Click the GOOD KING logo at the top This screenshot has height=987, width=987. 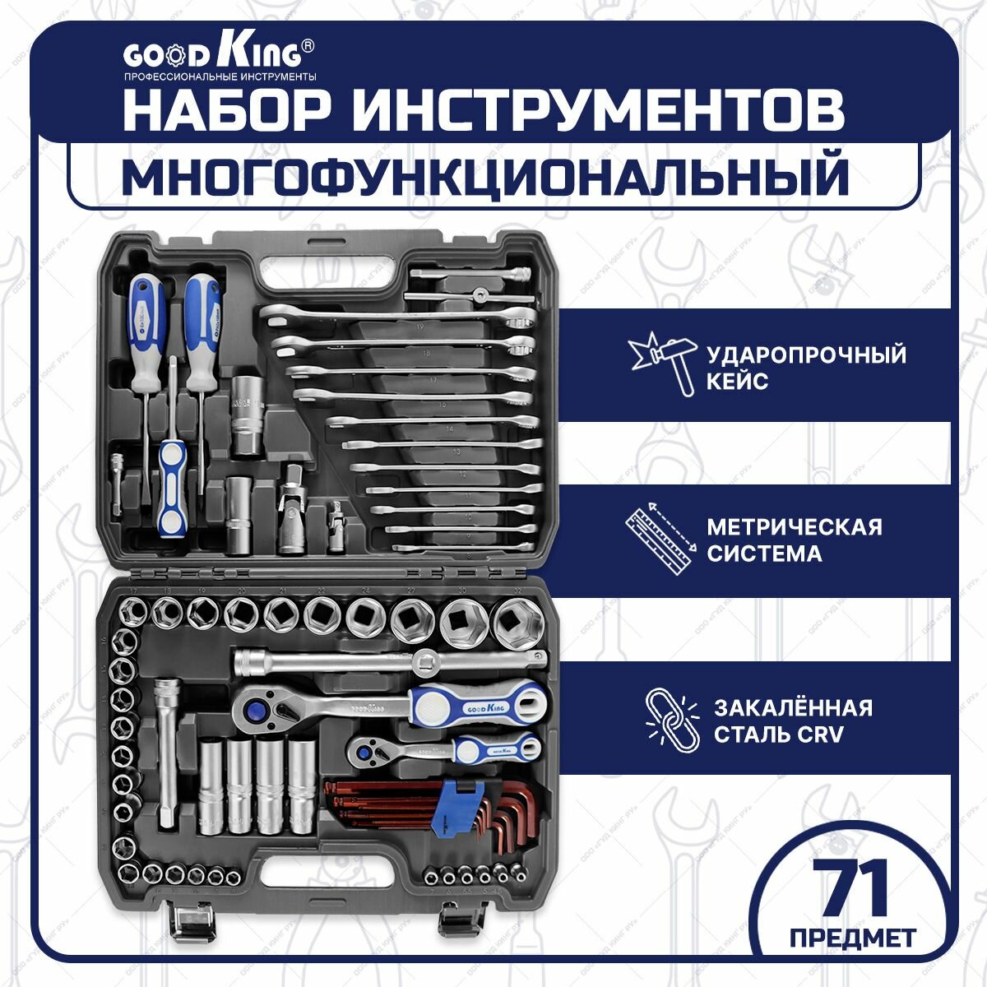(x=211, y=55)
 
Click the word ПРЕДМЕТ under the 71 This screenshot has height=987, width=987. (x=852, y=938)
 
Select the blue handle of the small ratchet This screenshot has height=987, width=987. (x=499, y=748)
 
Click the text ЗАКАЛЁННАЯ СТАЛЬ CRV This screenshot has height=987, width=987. (x=792, y=721)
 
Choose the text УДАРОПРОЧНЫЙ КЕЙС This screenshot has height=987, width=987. (x=806, y=368)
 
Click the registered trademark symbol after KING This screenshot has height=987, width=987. (x=306, y=47)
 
